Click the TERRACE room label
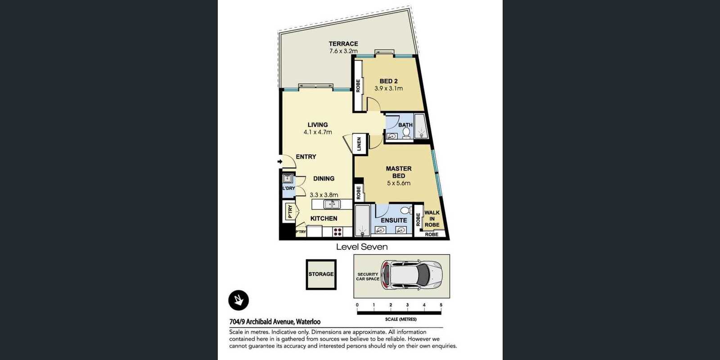pos(343,44)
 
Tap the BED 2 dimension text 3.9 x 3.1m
pos(388,88)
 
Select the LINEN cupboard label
pos(359,144)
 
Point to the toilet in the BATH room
pos(406,133)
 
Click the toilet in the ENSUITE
pos(405,210)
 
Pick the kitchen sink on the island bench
pos(332,204)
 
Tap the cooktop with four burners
pos(337,232)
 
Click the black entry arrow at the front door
pos(280,162)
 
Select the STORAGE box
pos(321,274)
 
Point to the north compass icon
pos(238,300)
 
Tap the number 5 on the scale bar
pos(441,305)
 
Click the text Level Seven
pos(362,247)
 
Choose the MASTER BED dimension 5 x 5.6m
pos(399,183)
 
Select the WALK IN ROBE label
pos(432,219)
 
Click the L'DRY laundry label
pos(288,188)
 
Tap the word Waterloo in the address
pos(308,322)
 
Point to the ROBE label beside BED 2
pos(358,86)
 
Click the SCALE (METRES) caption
pos(401,319)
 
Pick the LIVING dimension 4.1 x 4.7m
pos(318,132)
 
